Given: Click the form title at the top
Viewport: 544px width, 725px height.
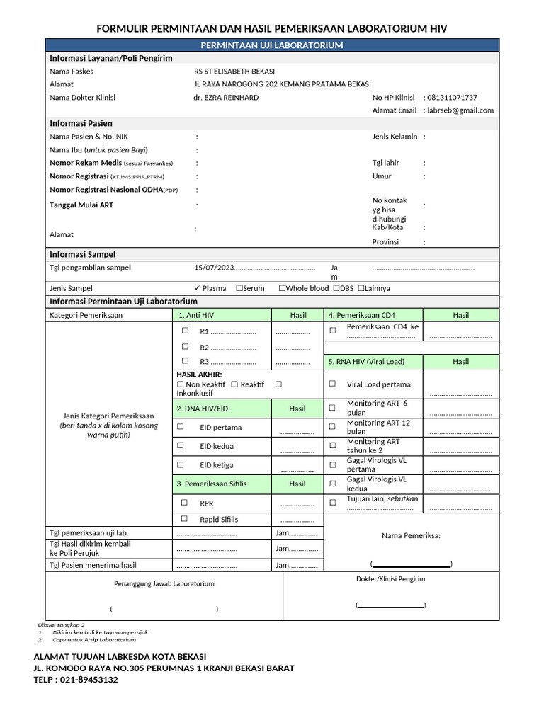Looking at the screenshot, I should (272, 28).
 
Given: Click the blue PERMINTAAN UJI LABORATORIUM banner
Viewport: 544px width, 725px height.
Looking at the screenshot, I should (272, 45).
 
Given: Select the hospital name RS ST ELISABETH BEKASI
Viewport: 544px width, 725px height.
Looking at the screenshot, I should (234, 72).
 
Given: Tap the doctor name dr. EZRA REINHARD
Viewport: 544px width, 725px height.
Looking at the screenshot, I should (225, 98).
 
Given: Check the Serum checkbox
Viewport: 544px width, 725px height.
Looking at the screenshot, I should (239, 288).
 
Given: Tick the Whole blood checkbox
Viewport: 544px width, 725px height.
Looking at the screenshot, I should (282, 288).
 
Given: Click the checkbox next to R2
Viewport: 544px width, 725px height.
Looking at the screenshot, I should (185, 347).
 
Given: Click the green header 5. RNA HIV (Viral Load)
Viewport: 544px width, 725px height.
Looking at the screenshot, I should (365, 361).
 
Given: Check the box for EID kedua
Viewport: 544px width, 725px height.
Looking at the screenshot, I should (181, 446).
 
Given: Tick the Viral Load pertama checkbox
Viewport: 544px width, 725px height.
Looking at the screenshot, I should (332, 384).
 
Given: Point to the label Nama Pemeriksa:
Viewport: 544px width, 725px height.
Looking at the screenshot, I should (411, 535).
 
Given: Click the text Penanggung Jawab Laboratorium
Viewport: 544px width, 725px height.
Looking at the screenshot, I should (164, 583).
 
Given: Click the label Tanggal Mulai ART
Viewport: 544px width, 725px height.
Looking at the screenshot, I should (81, 205).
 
